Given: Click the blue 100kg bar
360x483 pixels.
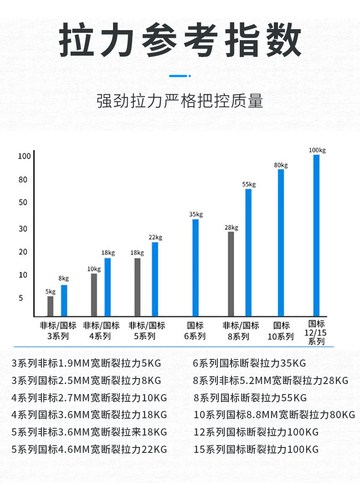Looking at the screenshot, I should [316, 235].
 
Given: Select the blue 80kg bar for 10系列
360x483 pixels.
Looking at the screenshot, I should [281, 242].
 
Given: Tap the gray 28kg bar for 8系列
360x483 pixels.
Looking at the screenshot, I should [231, 274].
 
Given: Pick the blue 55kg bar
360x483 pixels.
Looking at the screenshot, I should [248, 252].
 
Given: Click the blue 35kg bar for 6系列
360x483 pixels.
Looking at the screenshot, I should [195, 267].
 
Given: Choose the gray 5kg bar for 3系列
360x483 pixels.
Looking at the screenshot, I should [51, 306].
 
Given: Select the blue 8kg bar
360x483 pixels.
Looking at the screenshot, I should [64, 300].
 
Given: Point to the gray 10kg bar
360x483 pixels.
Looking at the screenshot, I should [94, 295].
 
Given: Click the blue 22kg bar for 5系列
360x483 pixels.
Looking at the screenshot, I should [155, 279].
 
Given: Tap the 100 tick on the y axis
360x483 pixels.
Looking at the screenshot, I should [24, 156].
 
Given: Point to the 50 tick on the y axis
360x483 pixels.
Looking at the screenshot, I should [23, 202].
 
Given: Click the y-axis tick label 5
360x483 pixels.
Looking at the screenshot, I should [21, 298].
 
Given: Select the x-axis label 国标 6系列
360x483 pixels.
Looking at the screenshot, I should [195, 331].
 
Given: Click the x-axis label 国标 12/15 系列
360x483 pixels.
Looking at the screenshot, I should [316, 332].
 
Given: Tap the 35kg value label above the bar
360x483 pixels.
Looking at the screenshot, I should [196, 214].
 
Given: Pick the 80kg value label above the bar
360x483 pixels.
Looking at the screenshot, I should [281, 165].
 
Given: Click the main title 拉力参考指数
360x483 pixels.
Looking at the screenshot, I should [180, 42].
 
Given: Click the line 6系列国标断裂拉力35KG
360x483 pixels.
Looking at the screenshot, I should [249, 364].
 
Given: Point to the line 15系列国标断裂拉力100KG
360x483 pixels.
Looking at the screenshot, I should [256, 449].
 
